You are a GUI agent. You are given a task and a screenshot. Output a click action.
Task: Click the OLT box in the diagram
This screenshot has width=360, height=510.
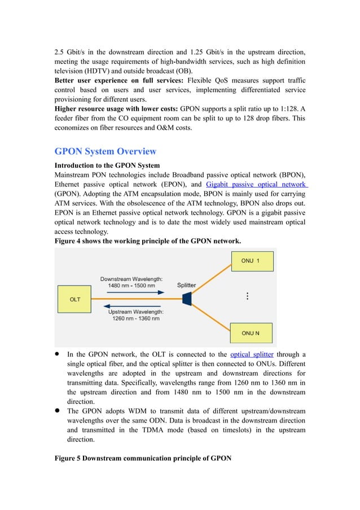coord(74,299)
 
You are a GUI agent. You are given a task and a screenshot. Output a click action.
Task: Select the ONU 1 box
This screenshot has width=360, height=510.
coord(251,261)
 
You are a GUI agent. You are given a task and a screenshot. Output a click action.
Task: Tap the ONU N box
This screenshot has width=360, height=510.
coord(251,333)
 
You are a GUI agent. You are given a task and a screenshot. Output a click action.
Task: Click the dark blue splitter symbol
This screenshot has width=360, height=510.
coord(187,298)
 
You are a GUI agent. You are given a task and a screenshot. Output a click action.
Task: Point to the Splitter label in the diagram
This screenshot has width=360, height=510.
coord(187,285)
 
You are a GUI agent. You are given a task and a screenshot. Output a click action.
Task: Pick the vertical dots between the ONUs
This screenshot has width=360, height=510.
coord(247,297)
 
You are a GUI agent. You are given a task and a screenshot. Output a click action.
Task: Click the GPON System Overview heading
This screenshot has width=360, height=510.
coord(105,151)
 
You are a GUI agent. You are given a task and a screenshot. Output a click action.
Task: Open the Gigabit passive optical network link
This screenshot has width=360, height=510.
coord(256,184)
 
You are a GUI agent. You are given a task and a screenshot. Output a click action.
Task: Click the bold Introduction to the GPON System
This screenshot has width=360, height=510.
coord(107,165)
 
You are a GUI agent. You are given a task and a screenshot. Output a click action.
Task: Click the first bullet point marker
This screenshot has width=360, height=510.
coord(58,354)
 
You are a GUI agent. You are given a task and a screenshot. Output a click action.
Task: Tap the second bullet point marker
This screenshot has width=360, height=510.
coord(58,411)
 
